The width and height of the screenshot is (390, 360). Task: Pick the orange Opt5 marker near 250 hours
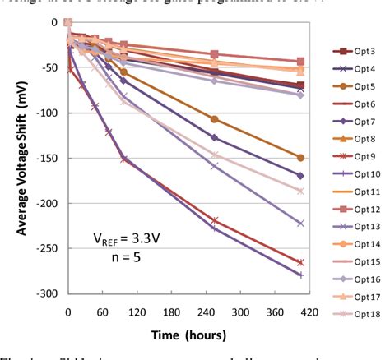pyautogui.click(x=215, y=119)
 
